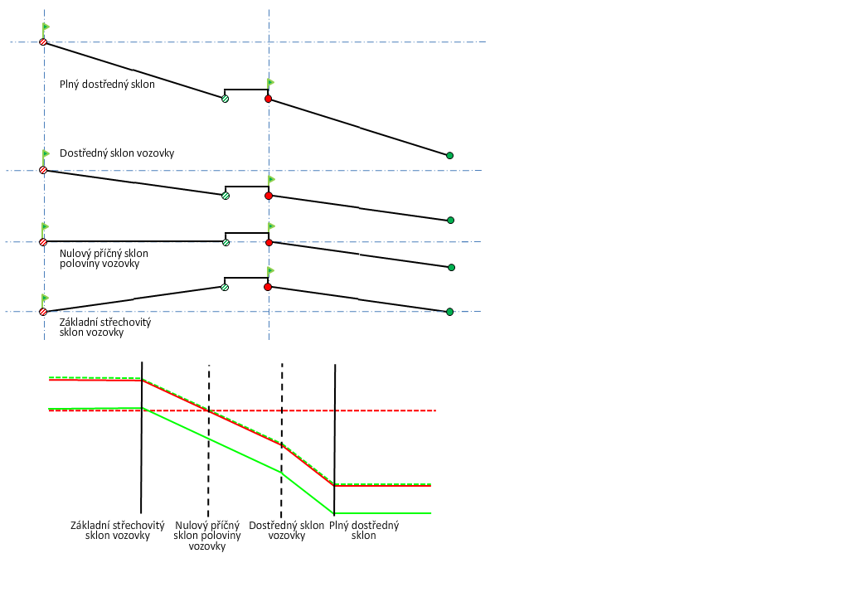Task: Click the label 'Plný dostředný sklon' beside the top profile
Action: pyautogui.click(x=107, y=84)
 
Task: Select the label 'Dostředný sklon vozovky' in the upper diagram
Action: pyautogui.click(x=117, y=153)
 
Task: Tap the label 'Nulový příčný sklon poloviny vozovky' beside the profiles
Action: pyautogui.click(x=104, y=258)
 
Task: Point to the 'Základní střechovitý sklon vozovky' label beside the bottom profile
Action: pyautogui.click(x=105, y=327)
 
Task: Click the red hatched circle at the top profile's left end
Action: pyautogui.click(x=43, y=41)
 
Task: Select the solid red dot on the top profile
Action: pyautogui.click(x=268, y=99)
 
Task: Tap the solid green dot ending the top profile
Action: pyautogui.click(x=449, y=155)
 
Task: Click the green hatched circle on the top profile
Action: pyautogui.click(x=225, y=99)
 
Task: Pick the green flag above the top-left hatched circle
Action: pyautogui.click(x=46, y=27)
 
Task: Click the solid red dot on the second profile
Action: pyautogui.click(x=269, y=196)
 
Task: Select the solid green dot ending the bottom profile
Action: pyautogui.click(x=449, y=312)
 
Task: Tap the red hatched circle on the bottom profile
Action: pyautogui.click(x=43, y=312)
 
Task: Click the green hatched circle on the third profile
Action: pyautogui.click(x=226, y=242)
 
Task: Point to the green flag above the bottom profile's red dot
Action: pyautogui.click(x=271, y=270)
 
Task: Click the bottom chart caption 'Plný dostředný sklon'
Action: pyautogui.click(x=364, y=530)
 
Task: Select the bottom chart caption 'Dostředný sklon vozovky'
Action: pyautogui.click(x=287, y=530)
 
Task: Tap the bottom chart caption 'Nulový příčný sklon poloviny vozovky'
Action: pyautogui.click(x=207, y=536)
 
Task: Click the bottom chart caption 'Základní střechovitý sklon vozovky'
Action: pyautogui.click(x=118, y=530)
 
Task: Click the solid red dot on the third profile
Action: pyautogui.click(x=269, y=242)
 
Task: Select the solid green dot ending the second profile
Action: pyautogui.click(x=450, y=220)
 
